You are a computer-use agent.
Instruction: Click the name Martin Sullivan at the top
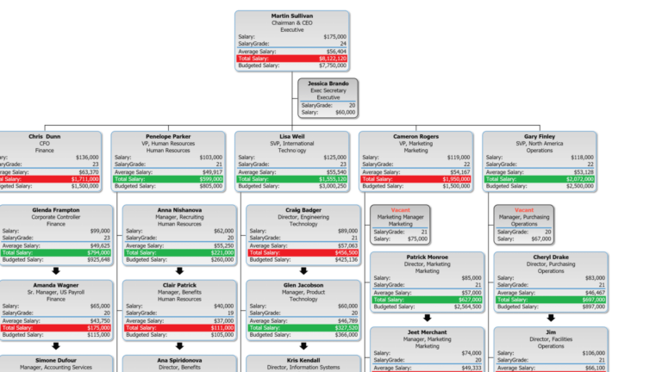[x=291, y=16]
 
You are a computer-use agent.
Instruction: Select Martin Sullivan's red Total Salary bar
[x=291, y=58]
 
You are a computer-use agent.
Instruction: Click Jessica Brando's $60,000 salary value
[x=345, y=112]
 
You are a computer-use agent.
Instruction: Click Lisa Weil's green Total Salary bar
[x=291, y=178]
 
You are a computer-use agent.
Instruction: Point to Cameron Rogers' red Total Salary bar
[x=415, y=178]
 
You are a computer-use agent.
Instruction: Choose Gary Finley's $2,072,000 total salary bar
[x=540, y=178]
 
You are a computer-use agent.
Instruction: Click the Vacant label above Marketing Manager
[x=400, y=210]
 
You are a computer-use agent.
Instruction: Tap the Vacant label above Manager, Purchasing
[x=524, y=210]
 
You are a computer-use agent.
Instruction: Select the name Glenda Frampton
[x=56, y=210]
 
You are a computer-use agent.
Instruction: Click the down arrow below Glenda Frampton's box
[x=56, y=270]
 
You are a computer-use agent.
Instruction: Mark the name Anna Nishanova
[x=179, y=210]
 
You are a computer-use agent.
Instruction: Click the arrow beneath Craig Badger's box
[x=303, y=270]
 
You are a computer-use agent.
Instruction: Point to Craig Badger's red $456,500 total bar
[x=303, y=252]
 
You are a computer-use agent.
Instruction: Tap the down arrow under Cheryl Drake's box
[x=551, y=318]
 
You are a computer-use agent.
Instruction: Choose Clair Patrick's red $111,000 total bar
[x=179, y=327]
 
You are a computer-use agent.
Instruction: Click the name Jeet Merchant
[x=428, y=332]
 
